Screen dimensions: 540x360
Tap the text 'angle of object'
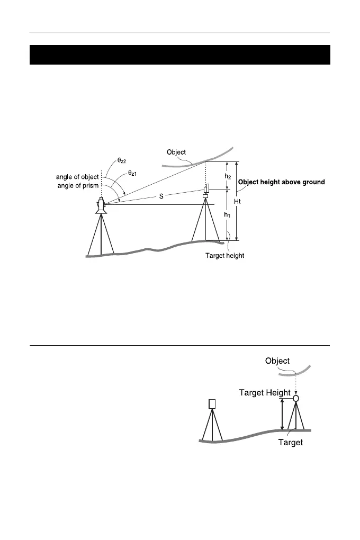77,177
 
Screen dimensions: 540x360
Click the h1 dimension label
227,215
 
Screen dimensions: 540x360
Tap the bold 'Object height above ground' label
281,182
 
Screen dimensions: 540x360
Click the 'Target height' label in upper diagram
224,256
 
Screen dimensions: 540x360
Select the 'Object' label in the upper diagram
176,152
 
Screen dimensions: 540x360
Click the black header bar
179,55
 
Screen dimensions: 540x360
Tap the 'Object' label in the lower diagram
277,361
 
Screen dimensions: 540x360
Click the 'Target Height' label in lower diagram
265,392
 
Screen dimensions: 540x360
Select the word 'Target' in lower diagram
291,443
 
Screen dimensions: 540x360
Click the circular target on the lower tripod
296,398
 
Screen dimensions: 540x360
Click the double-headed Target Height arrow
282,413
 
